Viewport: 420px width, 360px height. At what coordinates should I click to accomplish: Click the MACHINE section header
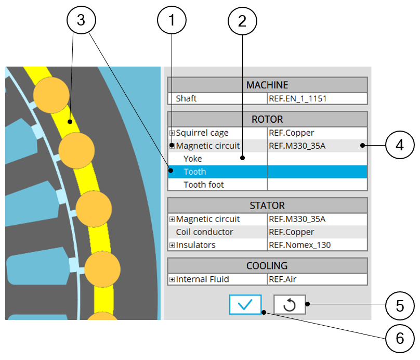(x=267, y=85)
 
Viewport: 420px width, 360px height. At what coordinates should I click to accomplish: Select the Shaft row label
(x=187, y=98)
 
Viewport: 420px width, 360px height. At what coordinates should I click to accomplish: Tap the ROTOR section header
(x=267, y=119)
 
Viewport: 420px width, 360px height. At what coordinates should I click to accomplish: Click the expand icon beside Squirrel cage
(x=172, y=133)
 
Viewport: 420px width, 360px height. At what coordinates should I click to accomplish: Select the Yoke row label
(x=193, y=159)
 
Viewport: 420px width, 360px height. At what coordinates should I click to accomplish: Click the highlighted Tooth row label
(x=195, y=172)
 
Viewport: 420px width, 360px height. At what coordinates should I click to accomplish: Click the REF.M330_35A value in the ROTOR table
(x=297, y=146)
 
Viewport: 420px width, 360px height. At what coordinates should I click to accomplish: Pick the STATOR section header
(x=267, y=205)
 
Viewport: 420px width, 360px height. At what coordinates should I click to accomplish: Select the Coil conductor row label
(x=204, y=232)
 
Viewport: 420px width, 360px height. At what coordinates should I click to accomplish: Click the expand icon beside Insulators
(x=172, y=245)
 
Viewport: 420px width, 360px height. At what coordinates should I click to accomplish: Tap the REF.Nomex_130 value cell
(x=299, y=245)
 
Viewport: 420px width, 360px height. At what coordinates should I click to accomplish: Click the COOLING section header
(x=267, y=266)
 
